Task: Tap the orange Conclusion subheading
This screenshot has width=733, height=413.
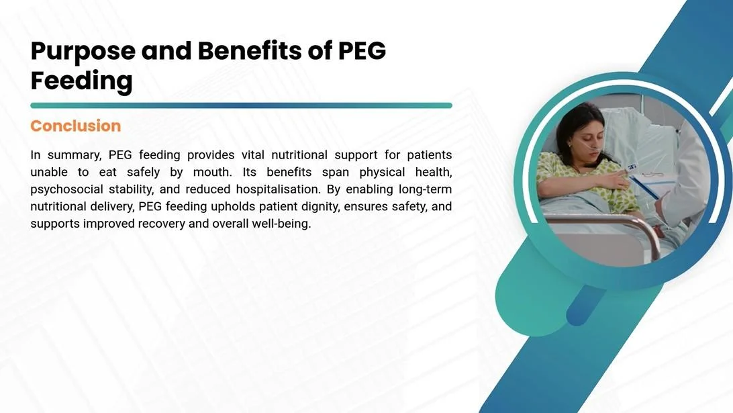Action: point(75,126)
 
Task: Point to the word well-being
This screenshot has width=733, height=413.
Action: point(281,224)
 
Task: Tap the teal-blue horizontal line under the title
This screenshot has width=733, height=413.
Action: point(241,105)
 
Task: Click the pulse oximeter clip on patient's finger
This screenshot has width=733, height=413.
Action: point(632,167)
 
